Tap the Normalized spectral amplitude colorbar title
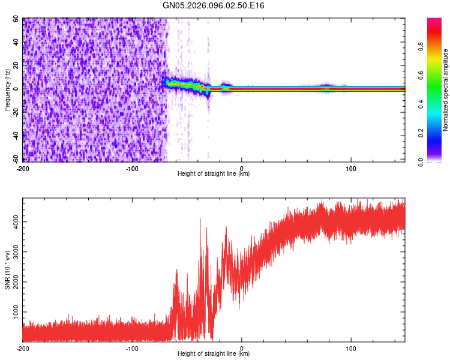click(x=446, y=90)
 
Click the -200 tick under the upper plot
click(x=23, y=169)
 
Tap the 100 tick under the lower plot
click(x=350, y=348)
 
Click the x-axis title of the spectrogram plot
click(x=214, y=174)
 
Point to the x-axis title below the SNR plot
click(x=214, y=354)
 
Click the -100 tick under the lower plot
click(x=132, y=348)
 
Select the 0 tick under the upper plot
click(x=241, y=169)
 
